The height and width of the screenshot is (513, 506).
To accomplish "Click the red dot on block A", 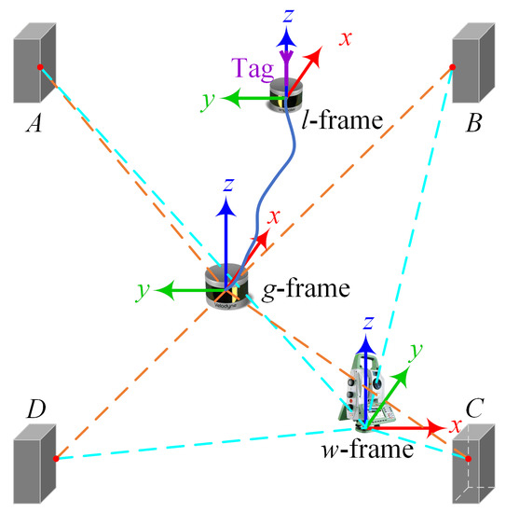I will pos(39,68).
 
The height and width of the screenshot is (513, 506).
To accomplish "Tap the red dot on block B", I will pos(453,67).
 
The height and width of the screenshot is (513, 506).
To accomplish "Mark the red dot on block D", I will pos(57,458).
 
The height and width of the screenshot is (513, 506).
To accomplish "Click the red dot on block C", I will pos(469,459).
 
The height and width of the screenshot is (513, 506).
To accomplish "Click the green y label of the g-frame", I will pos(144,290).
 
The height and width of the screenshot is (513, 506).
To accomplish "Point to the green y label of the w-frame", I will pos(417,347).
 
